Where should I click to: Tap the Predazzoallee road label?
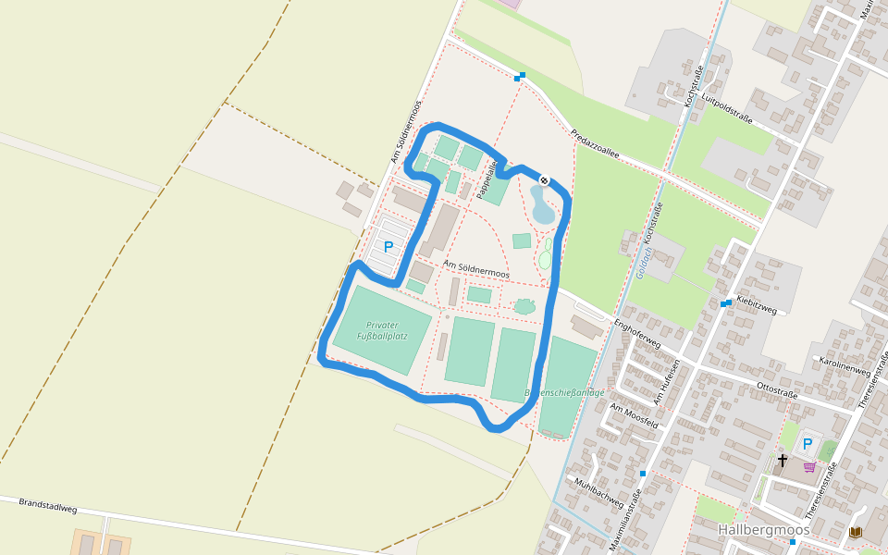(595, 144)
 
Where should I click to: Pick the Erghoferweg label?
(638, 333)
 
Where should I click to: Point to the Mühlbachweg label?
(598, 492)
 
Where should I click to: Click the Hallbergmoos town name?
(763, 530)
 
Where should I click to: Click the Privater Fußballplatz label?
(382, 330)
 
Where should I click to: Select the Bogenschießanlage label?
(564, 392)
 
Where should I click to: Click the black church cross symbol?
(782, 460)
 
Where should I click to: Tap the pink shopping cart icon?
(809, 467)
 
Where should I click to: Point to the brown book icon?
(856, 532)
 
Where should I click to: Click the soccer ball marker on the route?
(545, 180)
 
